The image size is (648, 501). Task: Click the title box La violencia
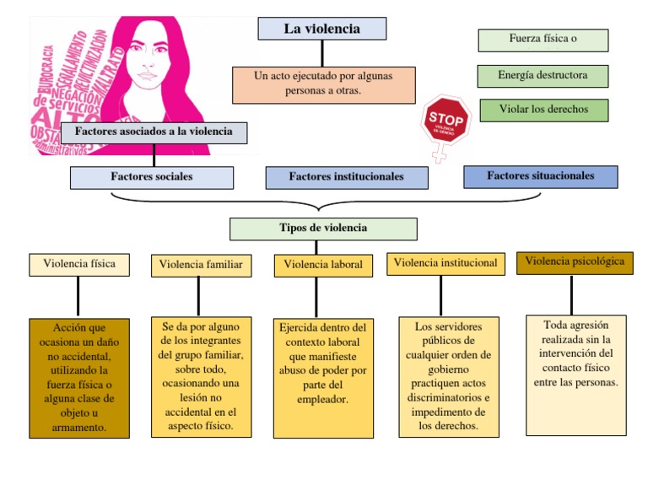click(321, 29)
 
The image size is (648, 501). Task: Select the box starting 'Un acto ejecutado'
click(323, 84)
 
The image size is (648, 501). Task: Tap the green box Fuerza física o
click(543, 40)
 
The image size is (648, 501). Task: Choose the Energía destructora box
click(542, 76)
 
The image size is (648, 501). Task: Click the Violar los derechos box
click(543, 110)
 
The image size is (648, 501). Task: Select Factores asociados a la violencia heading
click(154, 132)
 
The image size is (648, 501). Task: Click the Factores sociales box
click(152, 177)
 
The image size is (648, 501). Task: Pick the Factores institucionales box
click(346, 177)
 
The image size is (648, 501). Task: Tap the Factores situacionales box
click(540, 176)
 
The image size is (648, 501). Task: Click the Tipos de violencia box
click(323, 229)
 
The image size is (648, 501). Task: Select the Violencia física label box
click(79, 264)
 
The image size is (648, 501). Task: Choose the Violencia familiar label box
click(201, 265)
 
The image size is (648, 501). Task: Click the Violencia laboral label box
click(323, 265)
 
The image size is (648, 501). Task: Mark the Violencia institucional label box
click(445, 263)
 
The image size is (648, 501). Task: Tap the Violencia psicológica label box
click(575, 262)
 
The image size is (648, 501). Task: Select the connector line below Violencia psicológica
click(571, 294)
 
